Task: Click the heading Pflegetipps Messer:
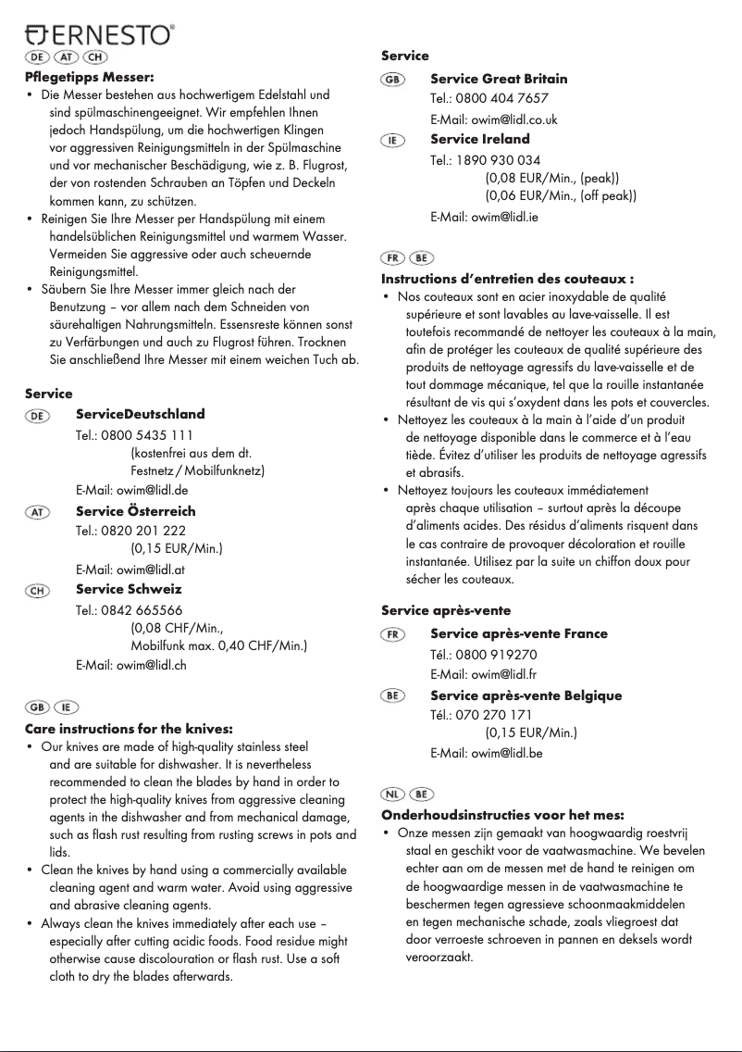[x=89, y=76]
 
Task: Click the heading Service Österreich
[x=135, y=511]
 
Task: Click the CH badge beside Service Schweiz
[x=38, y=590]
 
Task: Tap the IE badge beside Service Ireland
[x=392, y=140]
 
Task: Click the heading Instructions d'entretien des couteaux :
[x=507, y=278]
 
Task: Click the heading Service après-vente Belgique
[x=526, y=695]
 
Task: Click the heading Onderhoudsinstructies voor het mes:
[x=503, y=815]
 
